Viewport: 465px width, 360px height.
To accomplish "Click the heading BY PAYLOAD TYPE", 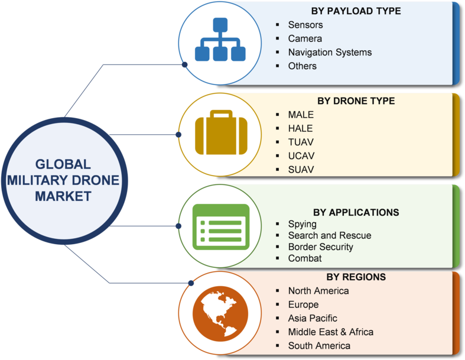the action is coord(356,11).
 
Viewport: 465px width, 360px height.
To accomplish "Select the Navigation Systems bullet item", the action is coord(330,52).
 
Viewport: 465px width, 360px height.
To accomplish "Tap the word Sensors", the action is coord(305,25).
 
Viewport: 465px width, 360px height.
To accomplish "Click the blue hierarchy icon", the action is coord(220,40).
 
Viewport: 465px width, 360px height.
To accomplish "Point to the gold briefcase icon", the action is coord(221,132).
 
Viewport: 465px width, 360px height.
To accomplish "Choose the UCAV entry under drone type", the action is coord(301,156).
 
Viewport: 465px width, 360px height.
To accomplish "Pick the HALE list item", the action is coord(300,128).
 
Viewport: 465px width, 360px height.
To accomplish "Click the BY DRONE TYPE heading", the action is coord(356,101).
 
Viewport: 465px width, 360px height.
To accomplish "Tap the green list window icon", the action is coord(221,227).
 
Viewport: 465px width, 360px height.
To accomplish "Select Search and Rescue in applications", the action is coord(330,235).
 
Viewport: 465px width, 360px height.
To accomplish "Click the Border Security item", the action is coord(321,247).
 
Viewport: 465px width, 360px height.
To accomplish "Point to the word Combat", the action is coord(305,258).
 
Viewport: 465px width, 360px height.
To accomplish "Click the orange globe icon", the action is coord(220,314).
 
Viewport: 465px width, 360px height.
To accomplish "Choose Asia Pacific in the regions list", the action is coord(313,318).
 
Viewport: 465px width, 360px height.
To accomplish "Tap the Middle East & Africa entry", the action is coord(331,332).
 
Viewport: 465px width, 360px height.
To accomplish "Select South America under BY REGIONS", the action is coord(319,346).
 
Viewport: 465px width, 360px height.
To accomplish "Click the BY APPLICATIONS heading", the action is coord(356,212).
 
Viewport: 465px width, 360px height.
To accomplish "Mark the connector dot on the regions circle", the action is coord(191,283).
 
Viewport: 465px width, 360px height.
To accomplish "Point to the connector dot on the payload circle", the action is coord(184,64).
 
